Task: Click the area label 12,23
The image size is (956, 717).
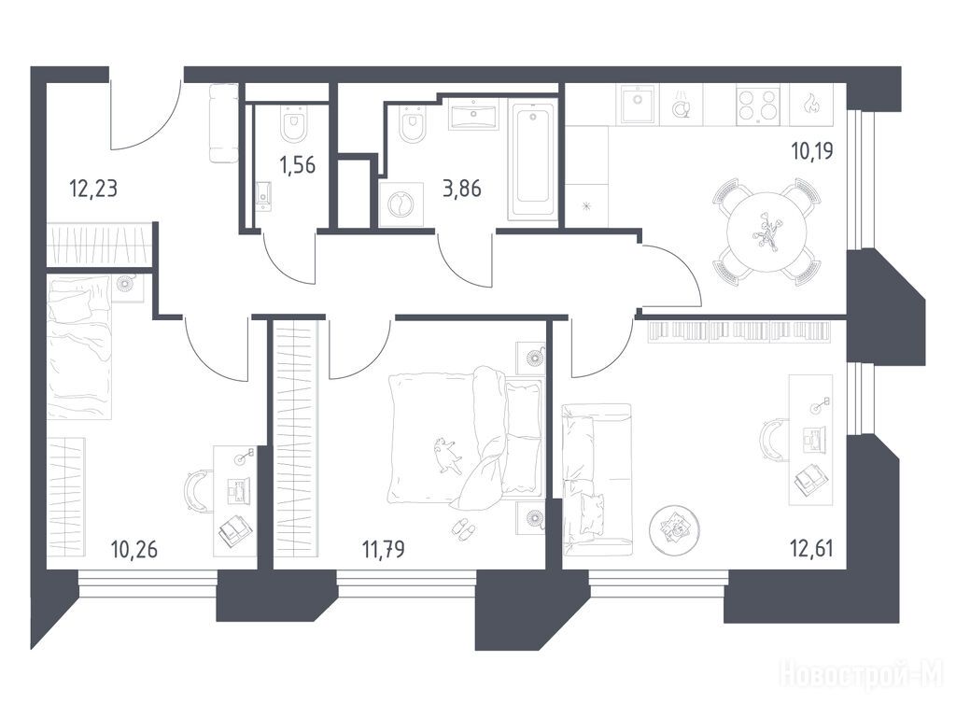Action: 93,189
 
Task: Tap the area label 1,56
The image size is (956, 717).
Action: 298,164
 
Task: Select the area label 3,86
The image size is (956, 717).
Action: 461,189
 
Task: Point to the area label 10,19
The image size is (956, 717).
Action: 812,150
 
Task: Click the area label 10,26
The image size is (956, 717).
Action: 134,549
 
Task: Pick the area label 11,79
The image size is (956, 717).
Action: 384,549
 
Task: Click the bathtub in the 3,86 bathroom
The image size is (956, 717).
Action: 533,160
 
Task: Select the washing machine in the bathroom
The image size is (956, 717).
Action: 401,204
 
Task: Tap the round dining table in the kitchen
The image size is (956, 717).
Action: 767,232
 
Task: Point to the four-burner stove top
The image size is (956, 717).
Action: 758,105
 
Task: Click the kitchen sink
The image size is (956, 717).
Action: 639,105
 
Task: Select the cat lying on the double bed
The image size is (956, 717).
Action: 447,455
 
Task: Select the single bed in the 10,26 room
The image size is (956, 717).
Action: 79,347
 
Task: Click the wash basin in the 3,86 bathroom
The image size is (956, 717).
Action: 473,116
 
